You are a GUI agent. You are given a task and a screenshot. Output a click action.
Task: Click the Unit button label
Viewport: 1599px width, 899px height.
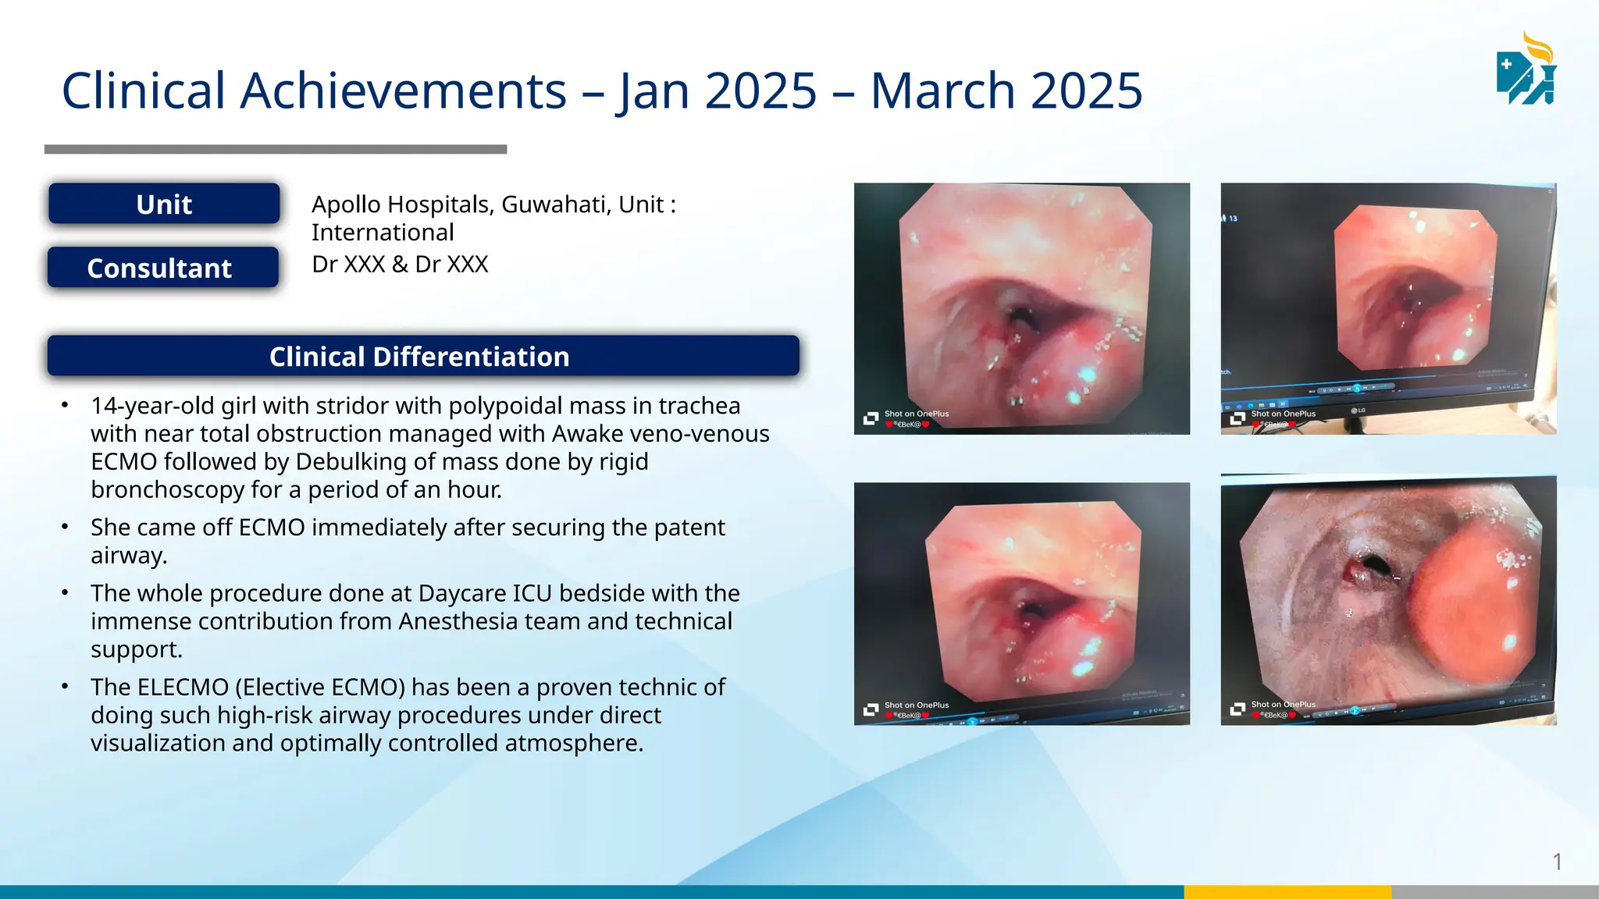pyautogui.click(x=164, y=204)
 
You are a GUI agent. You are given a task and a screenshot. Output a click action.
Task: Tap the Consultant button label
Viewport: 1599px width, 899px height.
pyautogui.click(x=159, y=268)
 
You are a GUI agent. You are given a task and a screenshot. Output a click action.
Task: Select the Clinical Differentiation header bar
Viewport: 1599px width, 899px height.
pyautogui.click(x=422, y=357)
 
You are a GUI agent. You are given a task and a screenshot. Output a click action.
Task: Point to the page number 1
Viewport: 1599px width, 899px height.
pyautogui.click(x=1557, y=862)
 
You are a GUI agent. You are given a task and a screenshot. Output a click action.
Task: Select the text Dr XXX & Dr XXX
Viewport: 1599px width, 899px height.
pyautogui.click(x=400, y=265)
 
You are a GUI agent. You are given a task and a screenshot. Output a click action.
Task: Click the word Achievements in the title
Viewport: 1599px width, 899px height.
pyautogui.click(x=403, y=91)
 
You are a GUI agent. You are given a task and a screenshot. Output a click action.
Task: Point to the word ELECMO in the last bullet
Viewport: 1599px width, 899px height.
pyautogui.click(x=183, y=688)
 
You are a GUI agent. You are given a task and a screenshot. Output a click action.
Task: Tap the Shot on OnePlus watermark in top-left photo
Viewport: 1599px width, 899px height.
pyautogui.click(x=916, y=414)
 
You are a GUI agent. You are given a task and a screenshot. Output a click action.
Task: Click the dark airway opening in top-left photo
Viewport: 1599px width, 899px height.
pyautogui.click(x=1020, y=316)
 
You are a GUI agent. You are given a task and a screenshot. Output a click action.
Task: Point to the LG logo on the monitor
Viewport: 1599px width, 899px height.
pyautogui.click(x=1359, y=410)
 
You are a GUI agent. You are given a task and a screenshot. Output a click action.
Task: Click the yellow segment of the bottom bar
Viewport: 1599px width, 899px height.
pyautogui.click(x=1287, y=892)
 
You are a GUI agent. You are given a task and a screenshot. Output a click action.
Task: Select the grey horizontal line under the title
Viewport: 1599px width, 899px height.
pyautogui.click(x=276, y=149)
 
